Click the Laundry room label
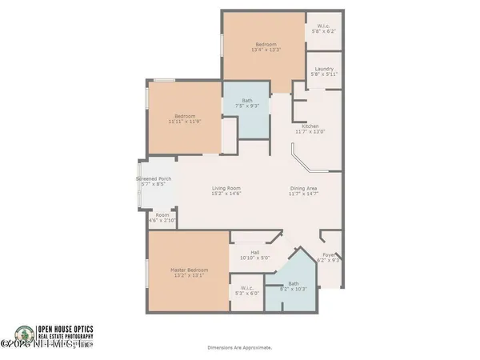coord(325,70)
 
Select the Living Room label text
coord(226,189)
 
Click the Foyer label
coord(329,255)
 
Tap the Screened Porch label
coord(154,178)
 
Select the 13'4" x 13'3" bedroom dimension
coord(266,50)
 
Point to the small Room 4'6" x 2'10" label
coord(162,217)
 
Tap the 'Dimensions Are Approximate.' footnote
coord(240,347)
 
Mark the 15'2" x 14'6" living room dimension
coord(226,194)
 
